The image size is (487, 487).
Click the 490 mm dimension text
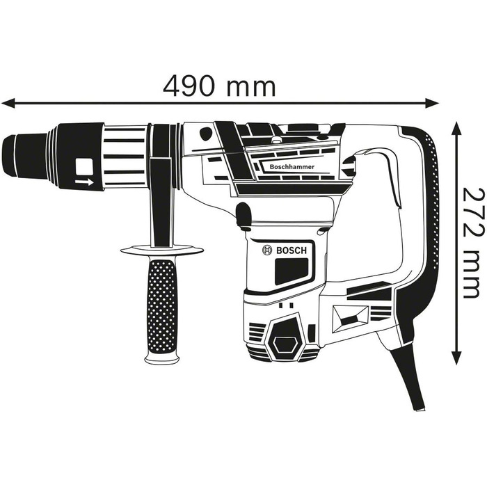pos(220,86)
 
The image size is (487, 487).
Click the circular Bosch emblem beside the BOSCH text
pos(266,250)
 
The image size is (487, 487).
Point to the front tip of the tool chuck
pos(7,155)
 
